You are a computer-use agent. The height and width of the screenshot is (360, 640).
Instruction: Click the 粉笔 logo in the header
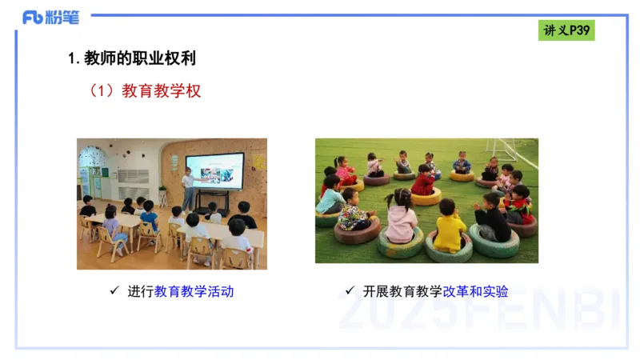49,17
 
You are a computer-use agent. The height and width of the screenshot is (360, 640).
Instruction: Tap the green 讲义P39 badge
566,30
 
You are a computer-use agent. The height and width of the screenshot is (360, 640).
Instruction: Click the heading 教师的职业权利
132,58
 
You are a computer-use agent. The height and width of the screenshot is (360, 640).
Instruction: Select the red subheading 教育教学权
161,91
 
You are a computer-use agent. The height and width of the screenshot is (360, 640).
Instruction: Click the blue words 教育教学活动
194,292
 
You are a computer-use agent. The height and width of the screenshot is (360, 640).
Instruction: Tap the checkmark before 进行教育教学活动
114,291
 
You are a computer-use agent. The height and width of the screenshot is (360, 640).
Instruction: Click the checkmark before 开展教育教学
350,291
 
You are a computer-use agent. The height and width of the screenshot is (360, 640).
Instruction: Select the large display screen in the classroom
214,170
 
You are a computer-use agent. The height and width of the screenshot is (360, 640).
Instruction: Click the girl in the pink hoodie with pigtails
399,219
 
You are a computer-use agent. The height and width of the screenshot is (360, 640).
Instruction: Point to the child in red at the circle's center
424,182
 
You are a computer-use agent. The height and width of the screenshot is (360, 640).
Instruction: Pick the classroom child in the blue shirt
149,217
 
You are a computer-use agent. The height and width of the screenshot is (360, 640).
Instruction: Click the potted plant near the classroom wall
162,195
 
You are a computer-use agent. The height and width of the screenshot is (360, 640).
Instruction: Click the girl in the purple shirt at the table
113,227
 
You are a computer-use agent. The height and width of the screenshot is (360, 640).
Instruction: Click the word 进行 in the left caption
140,292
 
